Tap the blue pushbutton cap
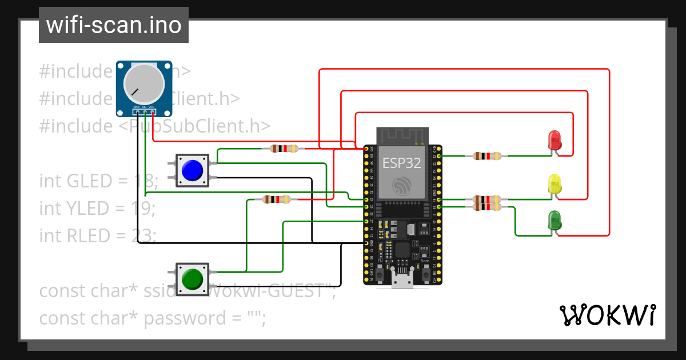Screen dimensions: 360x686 click(192, 170)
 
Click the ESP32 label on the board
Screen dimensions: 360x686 click(402, 163)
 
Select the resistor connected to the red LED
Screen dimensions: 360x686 click(487, 155)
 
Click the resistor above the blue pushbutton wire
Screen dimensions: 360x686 click(284, 149)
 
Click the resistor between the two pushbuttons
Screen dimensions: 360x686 click(276, 199)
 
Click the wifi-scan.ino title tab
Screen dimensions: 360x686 click(114, 25)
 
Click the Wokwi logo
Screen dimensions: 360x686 click(607, 315)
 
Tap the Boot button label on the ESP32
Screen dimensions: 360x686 click(425, 261)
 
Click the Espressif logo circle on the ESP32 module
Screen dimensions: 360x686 click(402, 186)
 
